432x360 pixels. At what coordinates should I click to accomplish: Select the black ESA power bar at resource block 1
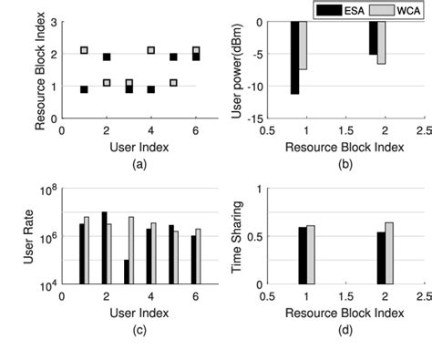pos(295,57)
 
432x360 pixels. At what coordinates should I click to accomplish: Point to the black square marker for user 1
pos(84,89)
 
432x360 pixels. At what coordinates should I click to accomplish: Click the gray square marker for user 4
pos(150,50)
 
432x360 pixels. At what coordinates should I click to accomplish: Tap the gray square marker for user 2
pos(107,83)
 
